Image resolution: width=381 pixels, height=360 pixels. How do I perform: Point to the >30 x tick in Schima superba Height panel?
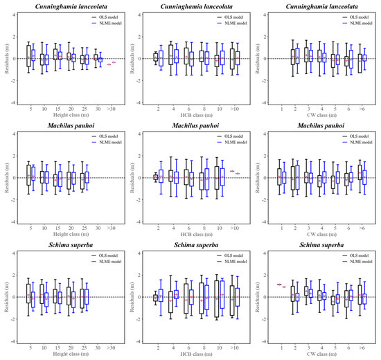pyautogui.click(x=111, y=348)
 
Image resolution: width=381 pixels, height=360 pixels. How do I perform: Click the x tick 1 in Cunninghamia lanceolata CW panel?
pyautogui.click(x=281, y=109)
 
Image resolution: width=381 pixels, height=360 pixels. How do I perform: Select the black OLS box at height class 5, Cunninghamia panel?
pyautogui.click(x=29, y=57)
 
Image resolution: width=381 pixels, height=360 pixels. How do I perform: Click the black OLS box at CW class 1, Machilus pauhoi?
pyautogui.click(x=279, y=176)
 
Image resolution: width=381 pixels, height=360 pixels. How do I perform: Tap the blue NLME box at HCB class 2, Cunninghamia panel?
pyautogui.click(x=161, y=57)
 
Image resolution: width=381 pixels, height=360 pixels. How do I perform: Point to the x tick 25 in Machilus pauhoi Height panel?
pyautogui.click(x=85, y=228)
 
